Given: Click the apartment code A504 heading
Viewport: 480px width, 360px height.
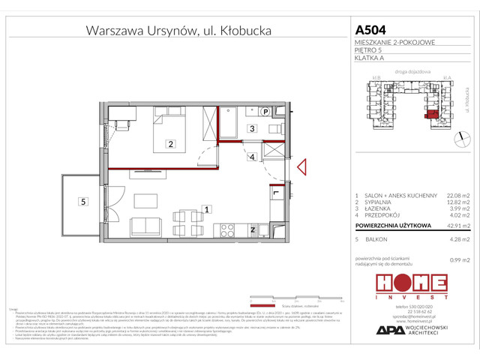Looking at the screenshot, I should pos(373,30).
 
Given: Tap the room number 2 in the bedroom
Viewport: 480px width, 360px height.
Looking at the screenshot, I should pos(171,144).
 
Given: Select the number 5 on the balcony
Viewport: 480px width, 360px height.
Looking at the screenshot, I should pos(83,200).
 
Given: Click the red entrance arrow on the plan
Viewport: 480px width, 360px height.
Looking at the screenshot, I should pos(302,169).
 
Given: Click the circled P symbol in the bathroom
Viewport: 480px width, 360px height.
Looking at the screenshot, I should pos(266,111).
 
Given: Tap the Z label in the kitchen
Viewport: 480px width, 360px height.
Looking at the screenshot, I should pos(253,229).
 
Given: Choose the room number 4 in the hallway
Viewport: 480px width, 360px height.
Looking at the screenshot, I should pos(253,157).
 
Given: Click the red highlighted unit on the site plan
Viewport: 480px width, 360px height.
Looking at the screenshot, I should pos(430,115).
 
